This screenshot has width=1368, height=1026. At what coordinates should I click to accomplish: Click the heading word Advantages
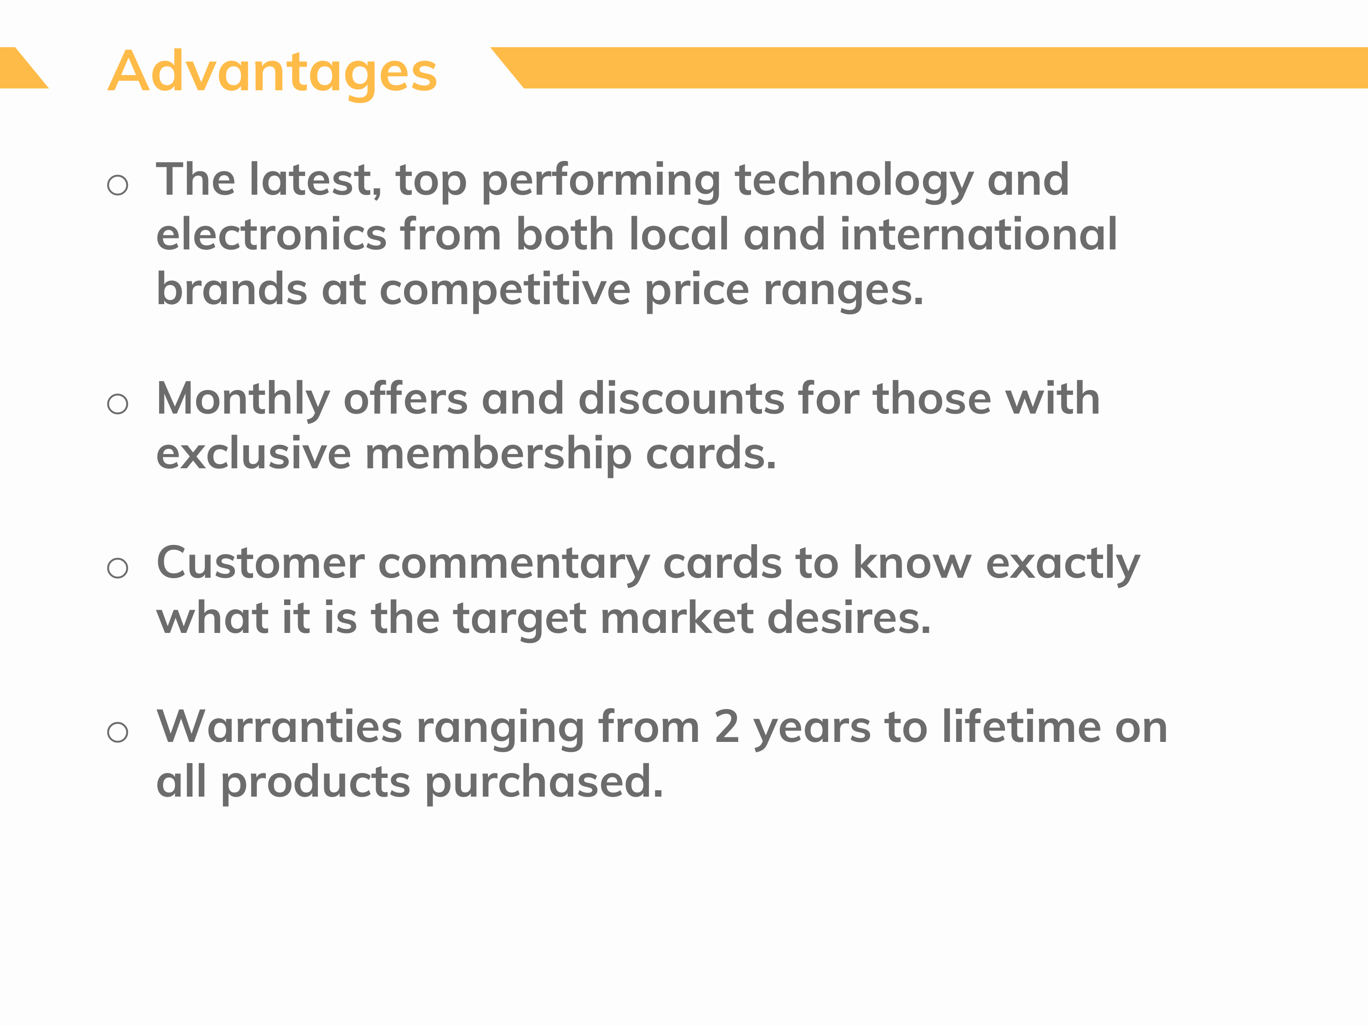click(x=273, y=73)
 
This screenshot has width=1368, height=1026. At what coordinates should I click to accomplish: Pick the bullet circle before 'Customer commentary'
click(x=118, y=568)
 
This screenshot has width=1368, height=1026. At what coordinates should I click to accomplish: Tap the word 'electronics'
click(x=271, y=235)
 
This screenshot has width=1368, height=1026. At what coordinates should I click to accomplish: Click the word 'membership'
click(x=498, y=455)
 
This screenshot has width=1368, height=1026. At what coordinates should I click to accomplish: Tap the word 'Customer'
click(x=260, y=564)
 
